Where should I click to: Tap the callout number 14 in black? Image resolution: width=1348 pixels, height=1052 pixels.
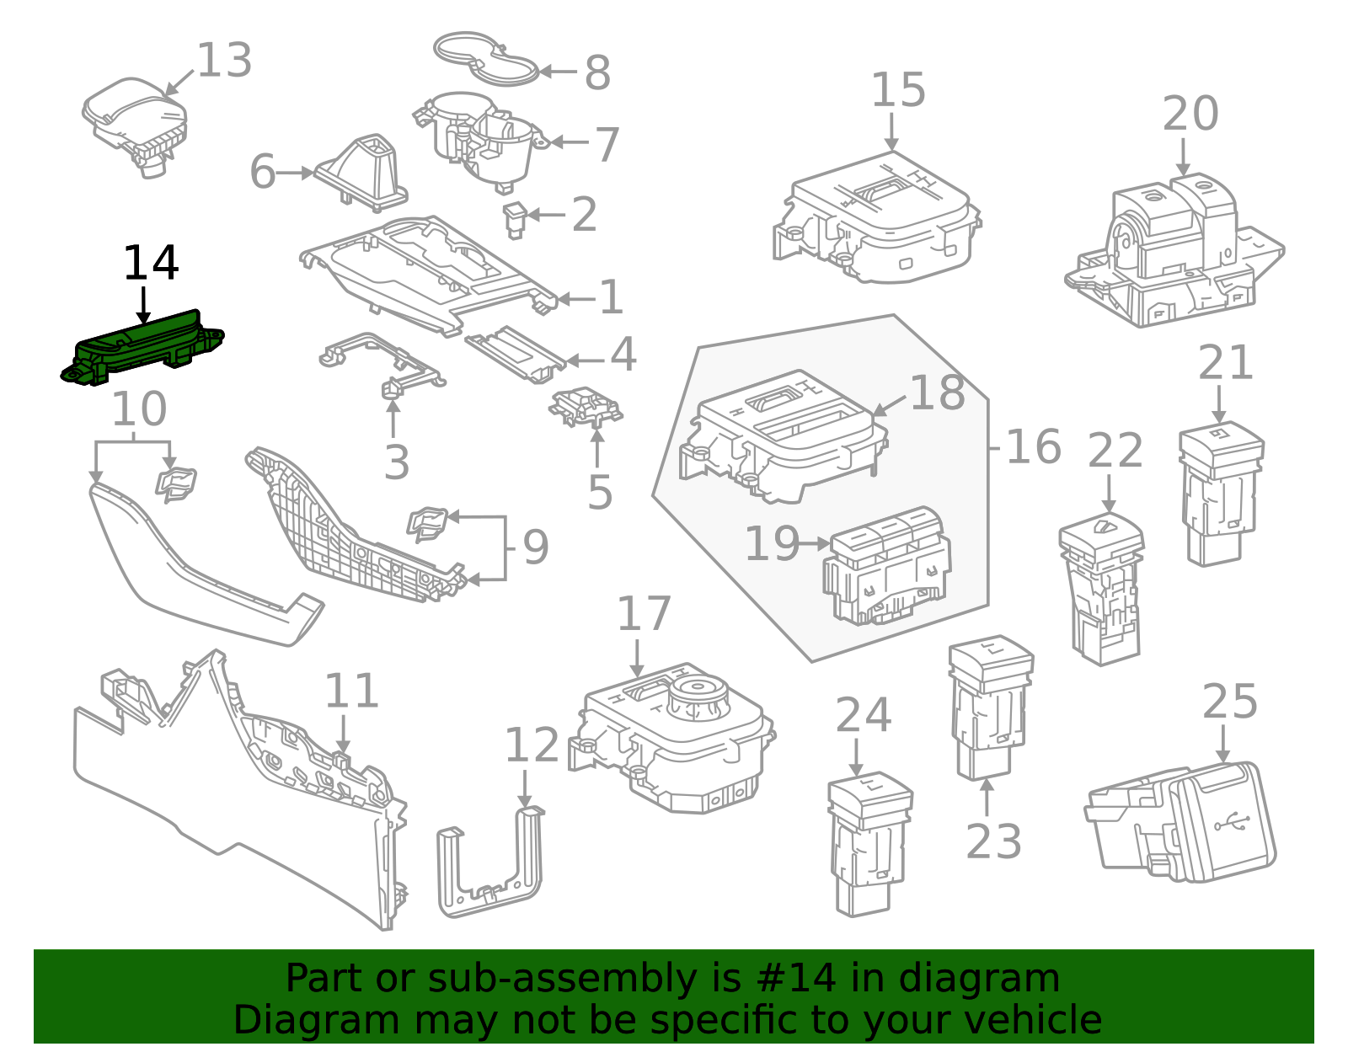click(151, 264)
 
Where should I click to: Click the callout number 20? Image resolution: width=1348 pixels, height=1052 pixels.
click(1190, 114)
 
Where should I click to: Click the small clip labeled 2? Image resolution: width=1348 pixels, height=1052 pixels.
click(515, 219)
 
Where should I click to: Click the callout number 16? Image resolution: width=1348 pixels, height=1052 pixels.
click(1033, 446)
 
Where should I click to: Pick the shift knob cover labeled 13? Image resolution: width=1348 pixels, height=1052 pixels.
click(136, 118)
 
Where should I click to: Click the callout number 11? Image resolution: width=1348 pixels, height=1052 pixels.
click(351, 692)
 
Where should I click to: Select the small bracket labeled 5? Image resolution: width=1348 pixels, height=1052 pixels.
click(586, 407)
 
